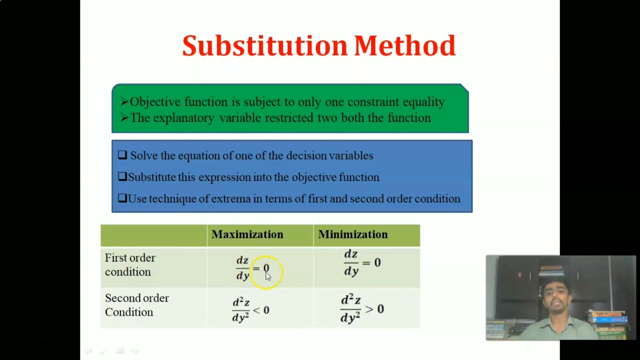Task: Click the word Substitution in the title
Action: pyautogui.click(x=264, y=46)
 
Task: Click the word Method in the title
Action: pyautogui.click(x=404, y=46)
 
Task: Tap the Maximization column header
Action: pyautogui.click(x=247, y=234)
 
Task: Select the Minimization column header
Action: pyautogui.click(x=352, y=234)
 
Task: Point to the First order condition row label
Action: pyautogui.click(x=130, y=265)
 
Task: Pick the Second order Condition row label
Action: pyautogui.click(x=136, y=305)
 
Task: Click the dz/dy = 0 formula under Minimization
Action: pyautogui.click(x=362, y=263)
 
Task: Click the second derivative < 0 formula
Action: pyautogui.click(x=250, y=310)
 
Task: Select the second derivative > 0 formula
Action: pyautogui.click(x=362, y=309)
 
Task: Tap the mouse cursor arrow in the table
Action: pyautogui.click(x=267, y=276)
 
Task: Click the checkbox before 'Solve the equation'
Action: pyautogui.click(x=122, y=155)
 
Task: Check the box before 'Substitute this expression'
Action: pyautogui.click(x=122, y=177)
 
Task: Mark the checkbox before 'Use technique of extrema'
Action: pyautogui.click(x=122, y=198)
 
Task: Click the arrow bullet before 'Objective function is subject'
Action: pyautogui.click(x=124, y=102)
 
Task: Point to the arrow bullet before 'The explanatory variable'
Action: pyautogui.click(x=124, y=118)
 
